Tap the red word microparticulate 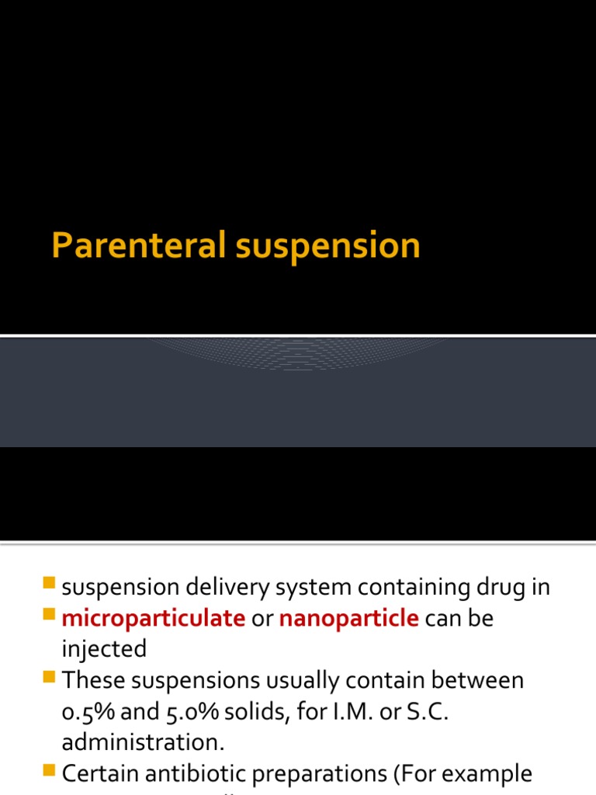pos(154,619)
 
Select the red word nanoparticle pos(349,619)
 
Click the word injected pos(104,649)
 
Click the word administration pos(143,742)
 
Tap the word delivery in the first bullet pos(219,588)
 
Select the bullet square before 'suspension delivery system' pos(50,583)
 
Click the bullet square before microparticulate pos(50,614)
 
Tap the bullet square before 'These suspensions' pos(50,676)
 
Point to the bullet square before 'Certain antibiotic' pos(50,769)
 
